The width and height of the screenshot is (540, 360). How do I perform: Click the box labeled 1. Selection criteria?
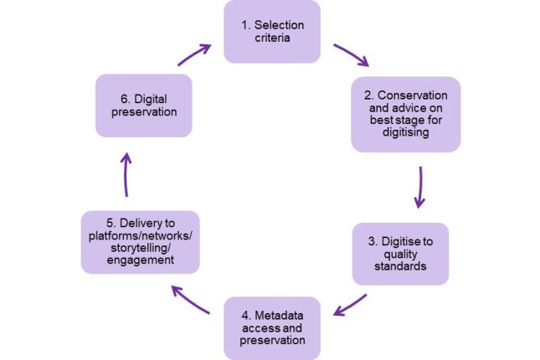point(271,32)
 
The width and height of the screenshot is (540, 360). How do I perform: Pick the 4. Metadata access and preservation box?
point(271,327)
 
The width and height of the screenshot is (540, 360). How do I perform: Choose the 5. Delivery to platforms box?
point(141,242)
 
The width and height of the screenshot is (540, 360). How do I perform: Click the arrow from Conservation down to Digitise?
point(419,187)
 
